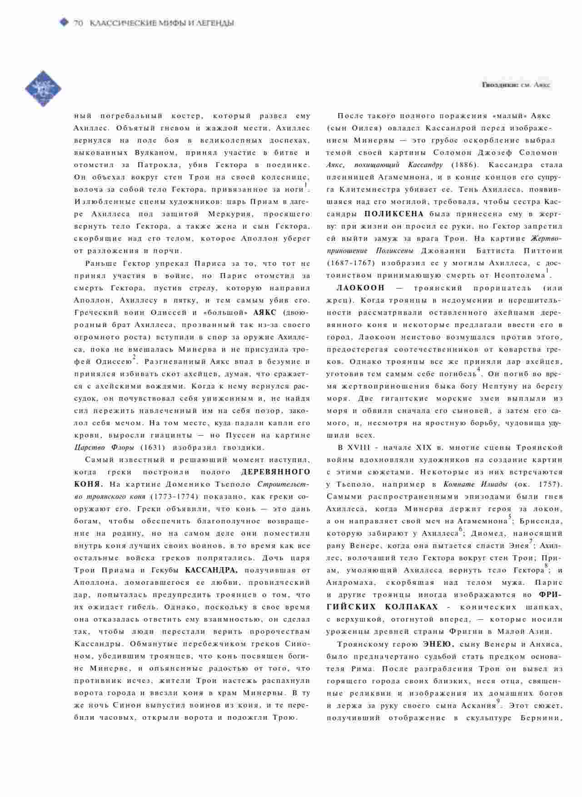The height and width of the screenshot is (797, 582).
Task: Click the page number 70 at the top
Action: click(78, 23)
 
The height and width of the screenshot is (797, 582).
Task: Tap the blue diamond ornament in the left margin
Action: click(43, 89)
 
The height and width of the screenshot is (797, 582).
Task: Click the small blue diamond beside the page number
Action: click(64, 22)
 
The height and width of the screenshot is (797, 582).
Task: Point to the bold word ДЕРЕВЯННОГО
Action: click(276, 472)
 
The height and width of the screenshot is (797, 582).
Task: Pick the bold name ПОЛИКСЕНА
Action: click(393, 214)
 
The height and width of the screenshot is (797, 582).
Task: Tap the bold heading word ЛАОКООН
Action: click(361, 288)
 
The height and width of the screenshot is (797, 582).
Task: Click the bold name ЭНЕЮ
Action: click(438, 644)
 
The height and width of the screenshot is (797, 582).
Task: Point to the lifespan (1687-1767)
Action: click(351, 263)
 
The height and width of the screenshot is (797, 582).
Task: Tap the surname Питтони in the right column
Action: click(543, 251)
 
